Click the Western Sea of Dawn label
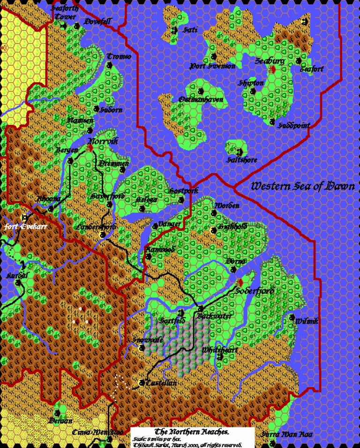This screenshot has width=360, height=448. (302, 186)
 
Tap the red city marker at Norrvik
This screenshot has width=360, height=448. (90, 147)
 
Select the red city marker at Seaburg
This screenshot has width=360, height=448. (272, 69)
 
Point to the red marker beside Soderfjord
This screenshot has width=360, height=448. (239, 283)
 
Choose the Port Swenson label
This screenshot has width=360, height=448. (212, 67)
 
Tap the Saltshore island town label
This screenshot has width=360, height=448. (241, 159)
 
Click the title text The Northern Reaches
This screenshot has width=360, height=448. (192, 432)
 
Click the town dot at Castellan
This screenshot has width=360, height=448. (141, 383)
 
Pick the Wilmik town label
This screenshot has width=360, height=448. (307, 321)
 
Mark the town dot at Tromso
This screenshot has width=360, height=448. (108, 65)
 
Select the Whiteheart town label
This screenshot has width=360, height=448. (220, 350)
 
